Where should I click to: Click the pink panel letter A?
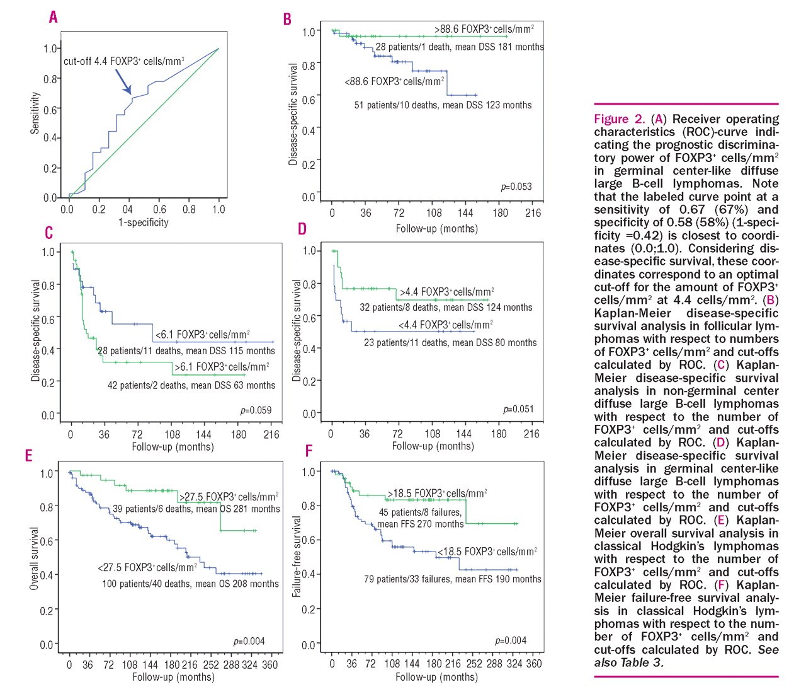(x=54, y=17)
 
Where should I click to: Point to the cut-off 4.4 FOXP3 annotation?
(x=123, y=61)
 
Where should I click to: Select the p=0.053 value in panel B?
(x=516, y=187)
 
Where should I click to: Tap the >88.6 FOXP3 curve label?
(x=484, y=29)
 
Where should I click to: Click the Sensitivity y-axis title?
(x=35, y=113)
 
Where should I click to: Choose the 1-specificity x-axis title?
(x=144, y=223)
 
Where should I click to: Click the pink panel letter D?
(x=302, y=229)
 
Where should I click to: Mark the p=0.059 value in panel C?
(x=256, y=410)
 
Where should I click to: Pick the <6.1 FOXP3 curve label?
(x=202, y=334)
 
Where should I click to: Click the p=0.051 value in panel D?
(x=518, y=409)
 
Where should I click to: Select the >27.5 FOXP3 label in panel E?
(x=229, y=497)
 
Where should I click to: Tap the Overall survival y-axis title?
(x=35, y=558)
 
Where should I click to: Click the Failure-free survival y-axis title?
(x=296, y=556)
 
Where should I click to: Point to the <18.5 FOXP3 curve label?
(x=487, y=552)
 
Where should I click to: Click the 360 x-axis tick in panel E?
(x=270, y=664)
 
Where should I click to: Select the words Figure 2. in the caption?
(x=620, y=119)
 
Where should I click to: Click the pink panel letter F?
(x=309, y=451)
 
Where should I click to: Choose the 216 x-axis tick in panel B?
(x=533, y=213)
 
